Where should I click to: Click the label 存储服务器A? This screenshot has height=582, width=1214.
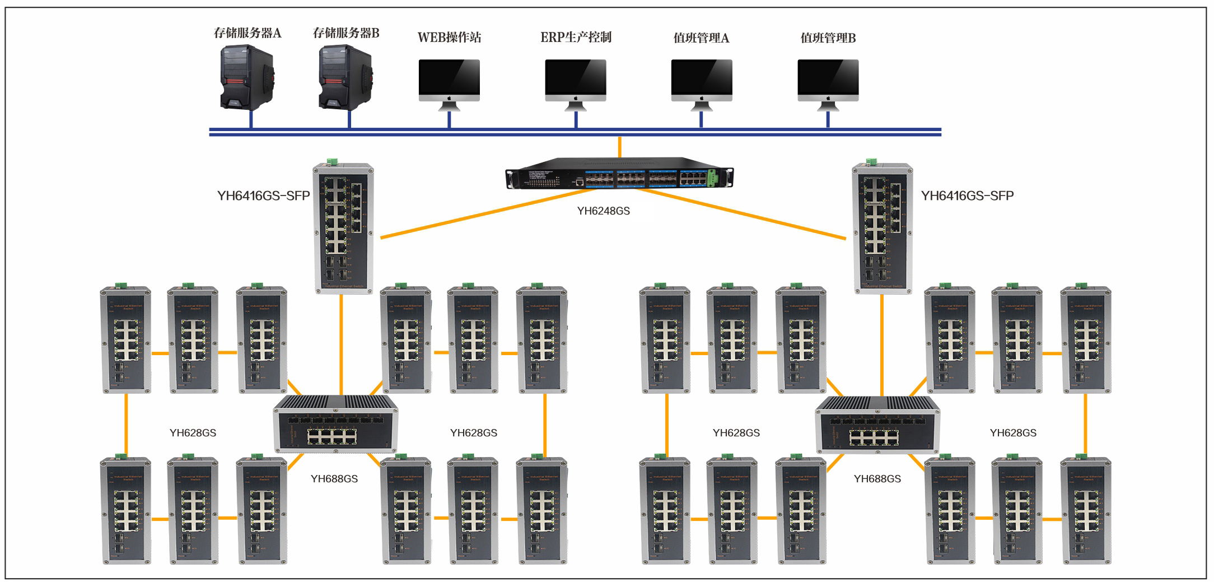(x=248, y=33)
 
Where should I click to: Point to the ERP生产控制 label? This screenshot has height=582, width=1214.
(x=576, y=38)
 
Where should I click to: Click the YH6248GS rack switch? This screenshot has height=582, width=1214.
(x=619, y=174)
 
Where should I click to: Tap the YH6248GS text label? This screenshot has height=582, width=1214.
(x=603, y=211)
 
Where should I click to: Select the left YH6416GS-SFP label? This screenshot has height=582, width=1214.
(x=263, y=195)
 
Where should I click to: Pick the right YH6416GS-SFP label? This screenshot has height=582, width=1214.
(x=967, y=195)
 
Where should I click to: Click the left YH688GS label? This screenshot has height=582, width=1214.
(x=334, y=479)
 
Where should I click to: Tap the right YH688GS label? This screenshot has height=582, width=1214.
(x=877, y=479)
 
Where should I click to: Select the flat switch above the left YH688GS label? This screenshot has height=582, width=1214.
(x=335, y=424)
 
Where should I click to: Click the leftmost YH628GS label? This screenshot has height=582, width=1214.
(x=193, y=433)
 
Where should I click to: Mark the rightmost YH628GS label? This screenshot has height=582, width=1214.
(x=1012, y=433)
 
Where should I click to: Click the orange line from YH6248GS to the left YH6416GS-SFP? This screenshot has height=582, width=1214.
(x=487, y=213)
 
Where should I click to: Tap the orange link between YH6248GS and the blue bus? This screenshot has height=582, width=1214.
(x=619, y=147)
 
